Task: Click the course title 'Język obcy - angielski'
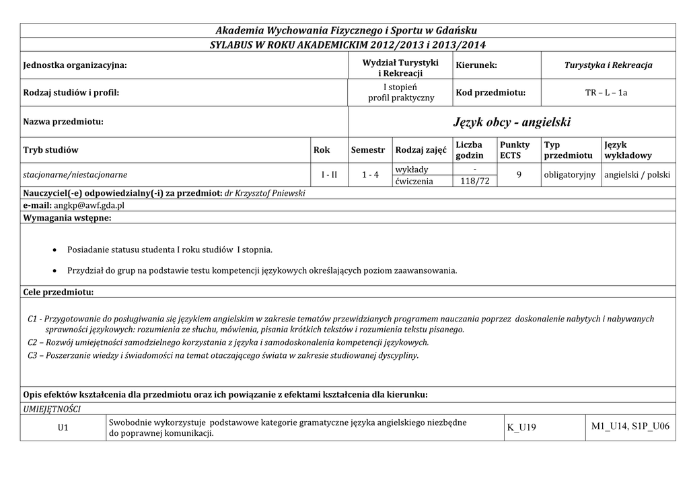[512, 122]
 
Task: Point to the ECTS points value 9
[519, 175]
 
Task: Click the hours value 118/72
[475, 181]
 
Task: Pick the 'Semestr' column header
[368, 150]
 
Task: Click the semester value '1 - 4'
[370, 175]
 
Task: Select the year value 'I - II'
[329, 175]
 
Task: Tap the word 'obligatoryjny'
[570, 175]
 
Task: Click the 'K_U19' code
[521, 428]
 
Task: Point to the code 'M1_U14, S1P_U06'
[630, 427]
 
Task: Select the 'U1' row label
[63, 428]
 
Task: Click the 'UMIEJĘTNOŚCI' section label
[52, 408]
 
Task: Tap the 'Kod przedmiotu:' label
[491, 92]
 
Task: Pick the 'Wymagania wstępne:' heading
[67, 218]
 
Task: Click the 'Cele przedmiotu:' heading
[59, 293]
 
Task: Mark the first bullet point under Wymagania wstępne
[55, 250]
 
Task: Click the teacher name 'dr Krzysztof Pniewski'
[264, 193]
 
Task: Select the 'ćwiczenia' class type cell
[414, 181]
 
